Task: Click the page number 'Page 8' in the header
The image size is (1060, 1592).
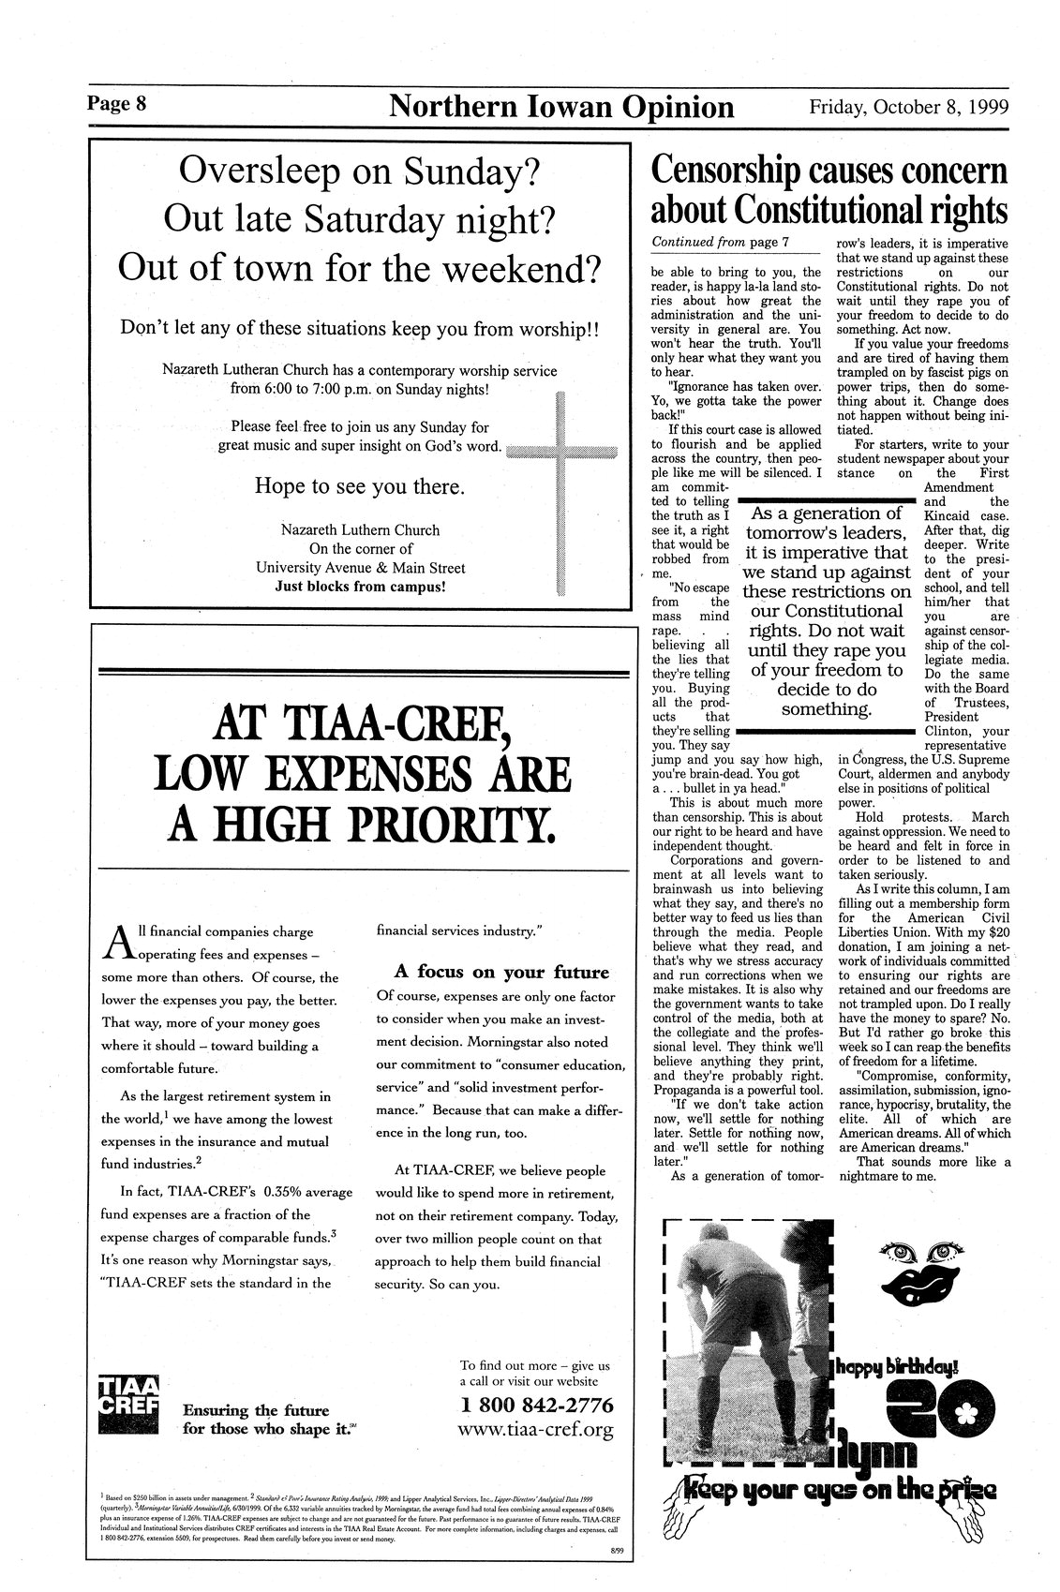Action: tap(117, 103)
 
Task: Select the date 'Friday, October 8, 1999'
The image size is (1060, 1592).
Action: tap(908, 106)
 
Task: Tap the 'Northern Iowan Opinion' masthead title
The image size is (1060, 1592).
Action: tap(560, 107)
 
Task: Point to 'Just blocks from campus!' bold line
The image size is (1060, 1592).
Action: tap(360, 588)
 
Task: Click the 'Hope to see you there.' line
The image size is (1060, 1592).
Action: tap(360, 487)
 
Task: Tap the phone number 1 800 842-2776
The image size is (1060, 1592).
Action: tap(537, 1406)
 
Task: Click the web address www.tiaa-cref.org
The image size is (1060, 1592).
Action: tap(536, 1430)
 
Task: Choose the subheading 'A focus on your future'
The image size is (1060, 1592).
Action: tap(500, 971)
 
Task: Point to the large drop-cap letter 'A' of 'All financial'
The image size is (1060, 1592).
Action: tap(116, 941)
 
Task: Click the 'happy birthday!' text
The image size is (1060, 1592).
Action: tap(897, 1365)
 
